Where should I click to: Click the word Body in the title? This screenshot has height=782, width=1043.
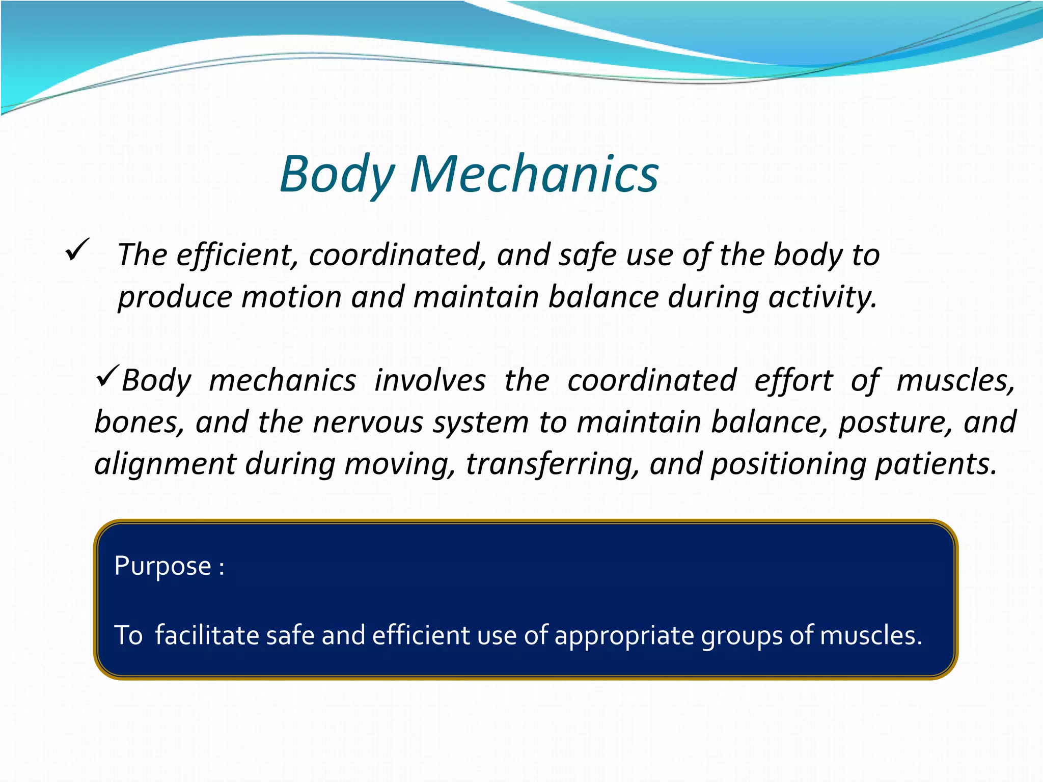[x=337, y=175]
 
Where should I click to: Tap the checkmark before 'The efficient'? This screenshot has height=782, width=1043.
[x=77, y=250]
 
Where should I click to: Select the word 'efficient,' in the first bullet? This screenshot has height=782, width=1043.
[x=237, y=255]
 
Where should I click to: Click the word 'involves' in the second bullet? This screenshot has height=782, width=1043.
[x=430, y=381]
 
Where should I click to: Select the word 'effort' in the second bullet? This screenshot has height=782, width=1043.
[x=793, y=381]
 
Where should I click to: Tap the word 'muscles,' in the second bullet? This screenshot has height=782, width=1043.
[x=955, y=381]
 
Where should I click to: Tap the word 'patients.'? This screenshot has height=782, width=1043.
[x=936, y=464]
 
